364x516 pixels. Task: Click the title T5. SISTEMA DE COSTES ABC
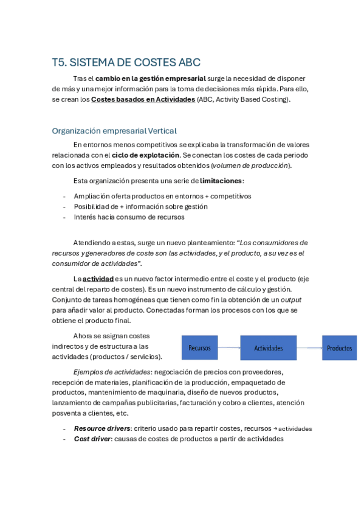pyautogui.click(x=126, y=63)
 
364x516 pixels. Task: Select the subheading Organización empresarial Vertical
pyautogui.click(x=114, y=131)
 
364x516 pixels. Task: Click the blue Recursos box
pyautogui.click(x=199, y=348)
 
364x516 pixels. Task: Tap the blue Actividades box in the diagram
pyautogui.click(x=268, y=348)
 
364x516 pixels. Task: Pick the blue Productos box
pyautogui.click(x=339, y=348)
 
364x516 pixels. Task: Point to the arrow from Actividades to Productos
pyautogui.click(x=309, y=348)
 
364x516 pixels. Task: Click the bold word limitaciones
pyautogui.click(x=221, y=181)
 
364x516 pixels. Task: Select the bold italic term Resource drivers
pyautogui.click(x=101, y=428)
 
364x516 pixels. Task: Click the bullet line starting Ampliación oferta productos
pyautogui.click(x=162, y=196)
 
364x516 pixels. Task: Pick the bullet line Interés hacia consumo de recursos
pyautogui.click(x=129, y=217)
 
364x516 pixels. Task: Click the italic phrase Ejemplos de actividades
pyautogui.click(x=112, y=372)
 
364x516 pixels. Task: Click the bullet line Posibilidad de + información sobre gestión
pyautogui.click(x=140, y=206)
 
